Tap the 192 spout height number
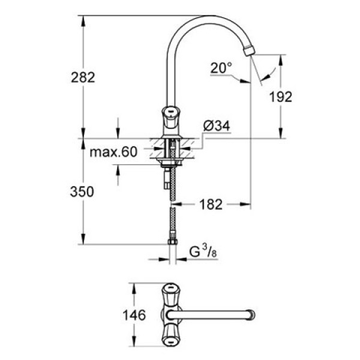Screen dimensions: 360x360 coord(280,97)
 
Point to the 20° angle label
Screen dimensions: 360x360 coord(220,68)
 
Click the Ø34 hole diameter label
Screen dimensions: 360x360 coord(217,127)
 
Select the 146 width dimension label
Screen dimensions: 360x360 coord(134,315)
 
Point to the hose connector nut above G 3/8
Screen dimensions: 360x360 coord(172,242)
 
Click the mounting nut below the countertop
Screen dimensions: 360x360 coord(172,162)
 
